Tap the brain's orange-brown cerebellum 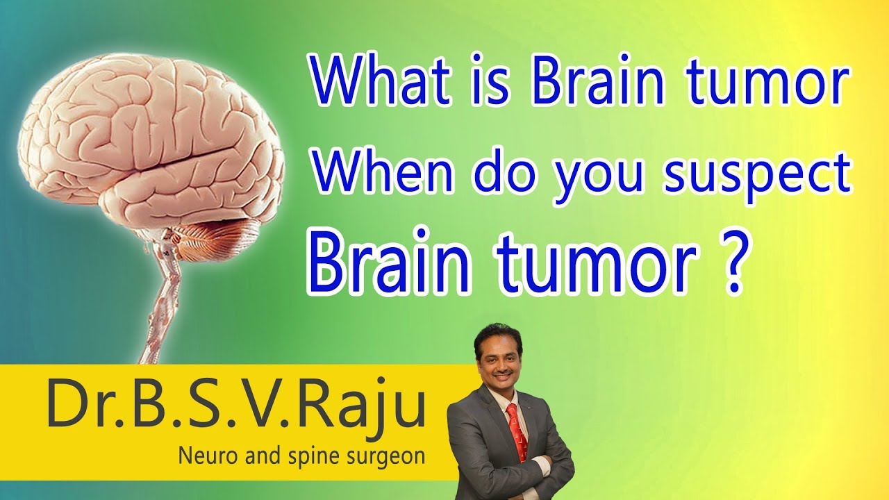pos(215,237)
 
